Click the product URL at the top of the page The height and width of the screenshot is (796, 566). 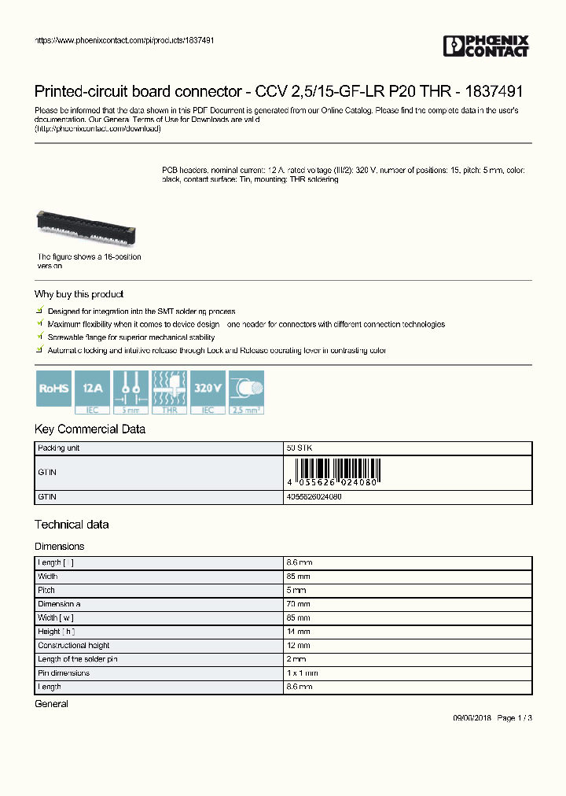[125, 40]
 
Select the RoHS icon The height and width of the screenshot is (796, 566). [54, 389]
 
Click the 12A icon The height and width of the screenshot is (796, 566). [93, 389]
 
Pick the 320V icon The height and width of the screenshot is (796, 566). [208, 389]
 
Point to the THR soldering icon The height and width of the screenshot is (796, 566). [169, 392]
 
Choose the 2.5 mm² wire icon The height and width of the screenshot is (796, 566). [246, 392]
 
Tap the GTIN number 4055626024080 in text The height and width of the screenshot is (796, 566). [314, 497]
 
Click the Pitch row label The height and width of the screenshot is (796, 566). [46, 590]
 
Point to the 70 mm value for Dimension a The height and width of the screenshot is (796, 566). [299, 604]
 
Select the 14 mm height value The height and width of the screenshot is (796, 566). [299, 632]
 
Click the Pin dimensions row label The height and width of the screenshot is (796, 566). [64, 673]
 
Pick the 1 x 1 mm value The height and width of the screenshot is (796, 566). [303, 673]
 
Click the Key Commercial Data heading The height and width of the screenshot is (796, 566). [90, 429]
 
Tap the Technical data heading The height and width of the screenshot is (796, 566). [72, 525]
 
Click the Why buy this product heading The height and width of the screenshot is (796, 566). [79, 294]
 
